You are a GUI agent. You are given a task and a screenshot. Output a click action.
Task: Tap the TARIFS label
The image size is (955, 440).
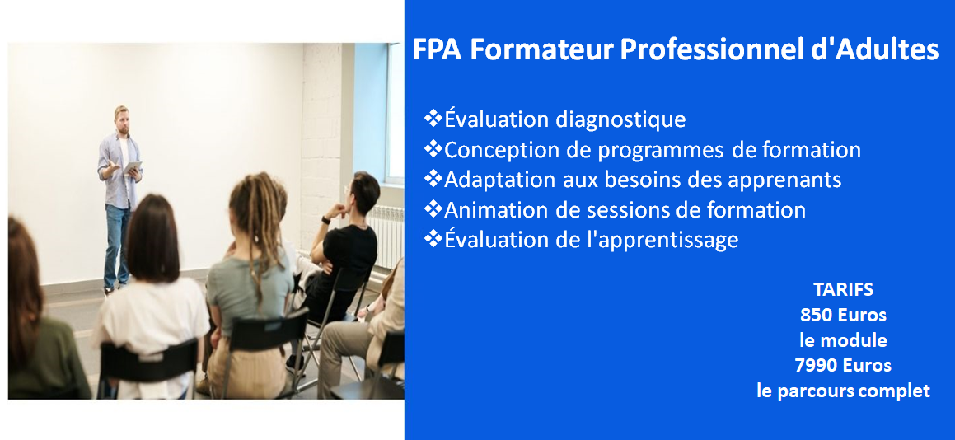pyautogui.click(x=843, y=289)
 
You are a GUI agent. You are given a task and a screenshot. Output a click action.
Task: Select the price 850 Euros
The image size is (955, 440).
pyautogui.click(x=843, y=314)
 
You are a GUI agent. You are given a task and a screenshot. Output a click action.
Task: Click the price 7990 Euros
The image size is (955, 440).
pyautogui.click(x=843, y=364)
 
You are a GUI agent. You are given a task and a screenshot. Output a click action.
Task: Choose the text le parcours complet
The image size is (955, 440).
pyautogui.click(x=843, y=391)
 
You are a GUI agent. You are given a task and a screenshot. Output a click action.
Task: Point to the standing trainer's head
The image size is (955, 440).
pyautogui.click(x=122, y=118)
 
